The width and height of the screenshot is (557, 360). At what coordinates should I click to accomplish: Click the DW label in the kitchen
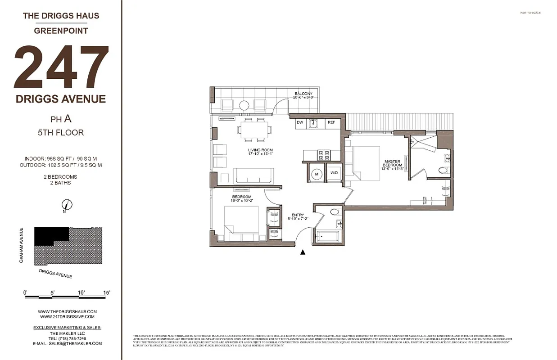click(x=300, y=122)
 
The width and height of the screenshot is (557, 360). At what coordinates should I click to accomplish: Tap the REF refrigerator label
click(x=331, y=122)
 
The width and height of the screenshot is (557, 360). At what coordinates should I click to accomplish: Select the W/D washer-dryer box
click(x=334, y=173)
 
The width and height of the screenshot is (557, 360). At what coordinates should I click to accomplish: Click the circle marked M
click(x=317, y=174)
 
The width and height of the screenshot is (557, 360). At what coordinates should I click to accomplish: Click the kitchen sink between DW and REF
click(x=313, y=123)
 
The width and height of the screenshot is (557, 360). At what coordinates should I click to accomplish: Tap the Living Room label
click(x=260, y=152)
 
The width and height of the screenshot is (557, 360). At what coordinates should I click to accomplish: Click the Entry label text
click(x=298, y=217)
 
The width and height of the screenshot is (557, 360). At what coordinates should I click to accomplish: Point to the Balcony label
click(x=303, y=95)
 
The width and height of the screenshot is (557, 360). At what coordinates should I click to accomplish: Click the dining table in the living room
click(x=254, y=130)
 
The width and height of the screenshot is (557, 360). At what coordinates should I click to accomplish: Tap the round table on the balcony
click(x=244, y=106)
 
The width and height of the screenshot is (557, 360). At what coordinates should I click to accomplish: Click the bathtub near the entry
click(x=327, y=236)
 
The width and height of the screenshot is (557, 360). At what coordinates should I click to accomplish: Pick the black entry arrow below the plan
click(x=303, y=252)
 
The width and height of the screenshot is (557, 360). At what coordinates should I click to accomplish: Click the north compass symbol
click(x=66, y=204)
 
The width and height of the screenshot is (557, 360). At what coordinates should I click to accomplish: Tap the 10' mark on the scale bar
click(x=82, y=293)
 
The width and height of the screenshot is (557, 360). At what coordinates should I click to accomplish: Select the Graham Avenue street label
click(x=21, y=245)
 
